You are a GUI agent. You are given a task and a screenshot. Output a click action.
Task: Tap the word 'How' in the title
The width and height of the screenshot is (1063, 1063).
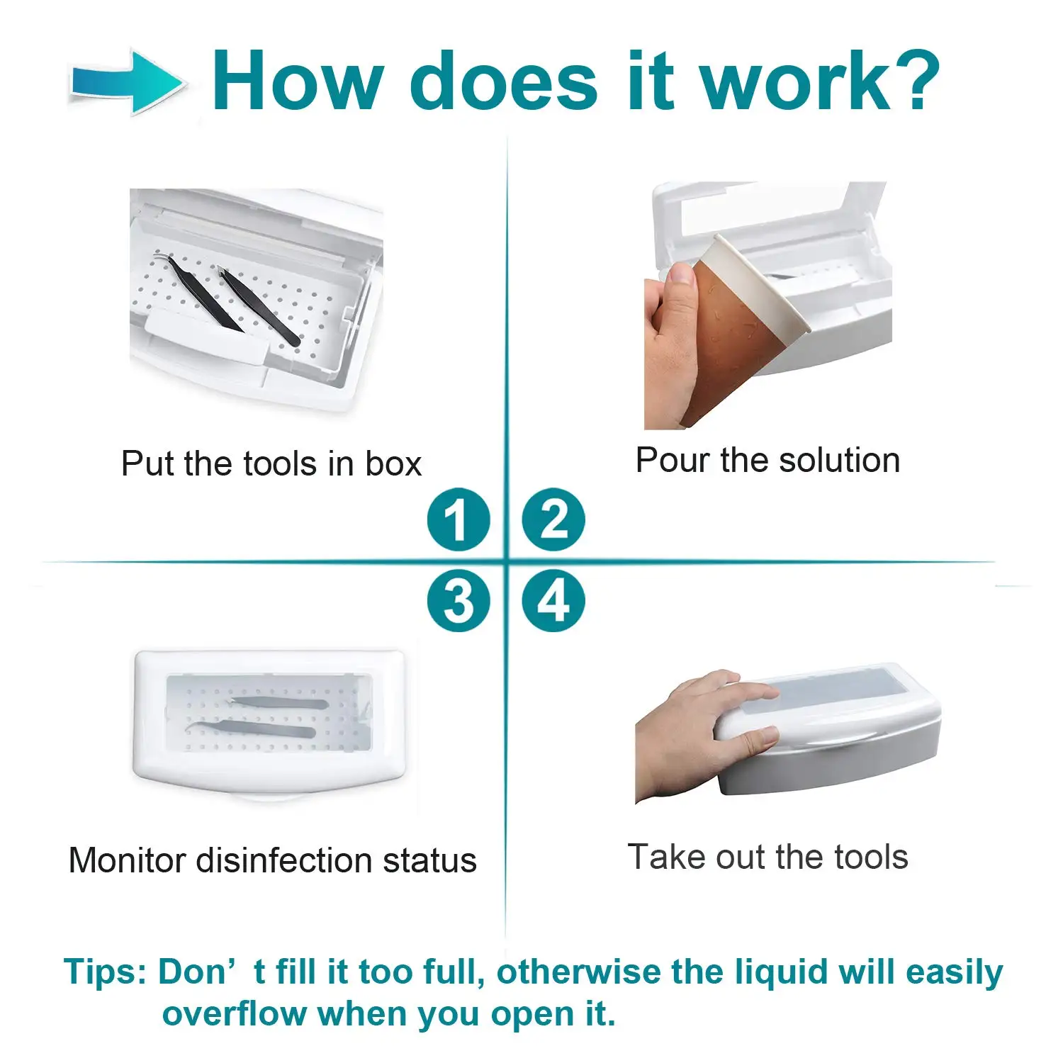pos(298,82)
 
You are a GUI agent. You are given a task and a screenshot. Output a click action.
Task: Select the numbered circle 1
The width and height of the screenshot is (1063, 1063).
pos(459,519)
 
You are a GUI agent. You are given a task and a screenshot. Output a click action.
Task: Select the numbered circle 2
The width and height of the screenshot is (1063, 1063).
pos(553,519)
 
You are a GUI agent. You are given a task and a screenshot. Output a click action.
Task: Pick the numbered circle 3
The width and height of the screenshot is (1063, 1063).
pos(459,601)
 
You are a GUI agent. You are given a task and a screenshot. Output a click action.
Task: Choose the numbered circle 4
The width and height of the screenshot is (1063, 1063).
pos(553,601)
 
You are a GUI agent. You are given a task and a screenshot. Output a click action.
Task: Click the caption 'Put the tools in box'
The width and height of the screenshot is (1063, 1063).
pos(271,464)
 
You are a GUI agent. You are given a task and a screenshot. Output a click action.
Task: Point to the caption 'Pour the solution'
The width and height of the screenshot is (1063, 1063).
pos(767,461)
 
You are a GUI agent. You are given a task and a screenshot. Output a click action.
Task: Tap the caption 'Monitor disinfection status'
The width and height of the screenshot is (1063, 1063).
pos(272,860)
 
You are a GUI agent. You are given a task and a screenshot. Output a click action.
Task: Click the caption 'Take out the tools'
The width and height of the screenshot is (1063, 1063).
pos(767,857)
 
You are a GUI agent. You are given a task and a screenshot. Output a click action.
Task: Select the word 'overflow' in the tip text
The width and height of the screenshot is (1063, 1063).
pos(234,1014)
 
